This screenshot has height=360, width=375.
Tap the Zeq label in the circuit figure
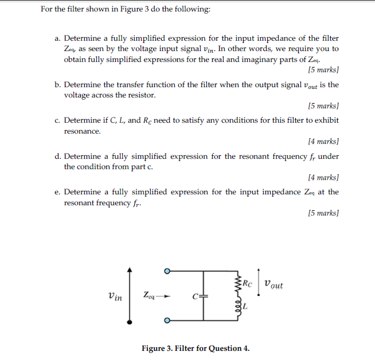(149, 296)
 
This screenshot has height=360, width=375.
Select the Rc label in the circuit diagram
(247, 281)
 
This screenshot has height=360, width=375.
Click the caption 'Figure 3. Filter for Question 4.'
(196, 348)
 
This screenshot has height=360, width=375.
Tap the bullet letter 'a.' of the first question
(58, 38)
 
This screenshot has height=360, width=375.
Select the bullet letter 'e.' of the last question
(58, 192)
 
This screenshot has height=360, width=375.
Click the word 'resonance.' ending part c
(82, 131)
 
